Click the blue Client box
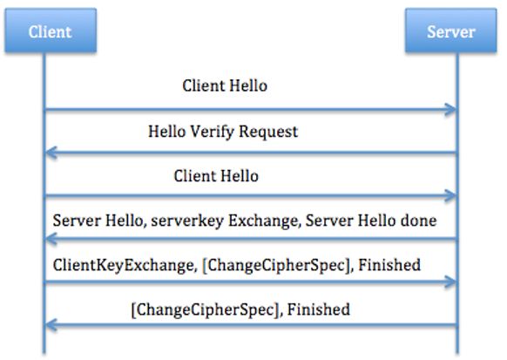(51, 31)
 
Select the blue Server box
(450, 31)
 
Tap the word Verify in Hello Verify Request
(212, 132)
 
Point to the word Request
(268, 132)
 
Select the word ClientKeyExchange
(124, 265)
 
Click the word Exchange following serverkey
(263, 221)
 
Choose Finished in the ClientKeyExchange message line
(389, 265)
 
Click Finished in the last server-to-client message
(319, 309)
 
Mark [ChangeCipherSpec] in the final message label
(206, 309)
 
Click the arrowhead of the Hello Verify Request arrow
(51, 153)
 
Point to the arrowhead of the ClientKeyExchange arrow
(450, 282)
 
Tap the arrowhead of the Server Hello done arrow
(51, 239)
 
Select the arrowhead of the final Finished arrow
(51, 325)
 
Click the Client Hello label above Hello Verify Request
(225, 86)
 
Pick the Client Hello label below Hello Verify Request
(216, 176)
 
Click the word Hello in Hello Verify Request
(166, 132)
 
